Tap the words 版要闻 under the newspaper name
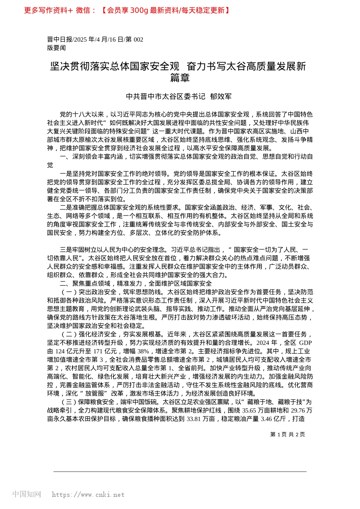point(56,48)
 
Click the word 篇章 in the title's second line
point(180,78)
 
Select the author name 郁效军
point(221,97)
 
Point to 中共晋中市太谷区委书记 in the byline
point(166,97)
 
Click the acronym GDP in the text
point(305,343)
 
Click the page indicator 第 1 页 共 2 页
point(288,434)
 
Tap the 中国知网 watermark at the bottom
point(27,494)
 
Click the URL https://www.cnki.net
point(88,495)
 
